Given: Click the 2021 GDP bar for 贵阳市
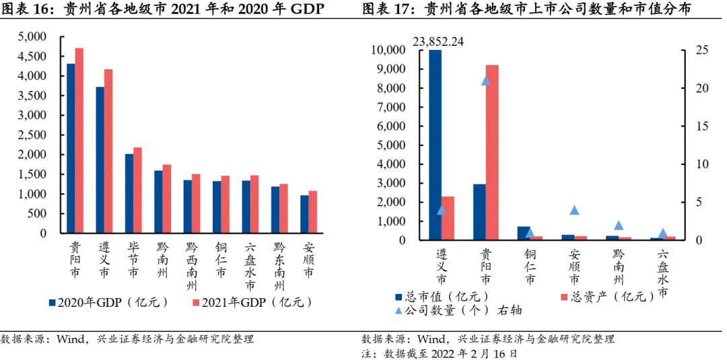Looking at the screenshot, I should click(79, 141).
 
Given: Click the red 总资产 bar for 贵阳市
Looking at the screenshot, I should click(492, 152).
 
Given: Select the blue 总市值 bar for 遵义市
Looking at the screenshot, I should click(435, 145).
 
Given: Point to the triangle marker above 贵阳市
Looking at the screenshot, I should click(485, 81).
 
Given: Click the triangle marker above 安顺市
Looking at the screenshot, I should click(574, 210).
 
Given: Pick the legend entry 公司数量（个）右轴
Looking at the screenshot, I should click(458, 310).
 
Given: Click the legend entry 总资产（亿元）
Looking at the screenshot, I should click(605, 296).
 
